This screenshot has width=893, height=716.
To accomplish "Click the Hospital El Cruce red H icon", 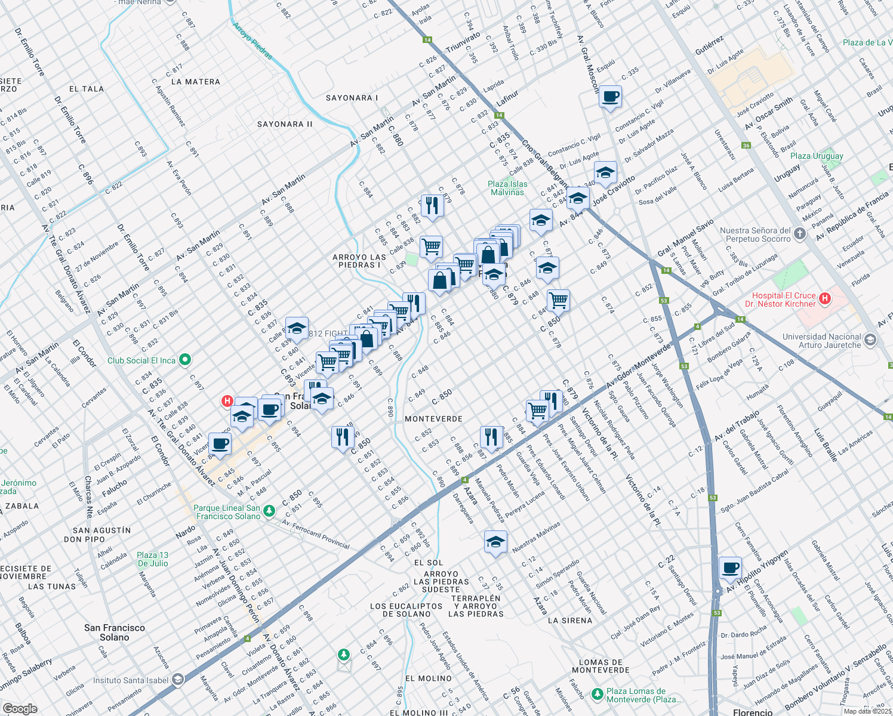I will point(825,298).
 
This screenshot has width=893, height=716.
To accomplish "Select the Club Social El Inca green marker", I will point(185,360).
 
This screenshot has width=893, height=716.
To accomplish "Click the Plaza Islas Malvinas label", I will point(507,188).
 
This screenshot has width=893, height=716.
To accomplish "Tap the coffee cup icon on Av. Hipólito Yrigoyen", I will point(730,567).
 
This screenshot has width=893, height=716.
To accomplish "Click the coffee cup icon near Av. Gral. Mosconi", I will point(610,96).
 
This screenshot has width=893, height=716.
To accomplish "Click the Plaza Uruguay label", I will point(817,156).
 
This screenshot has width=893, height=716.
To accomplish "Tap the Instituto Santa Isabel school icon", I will point(178,680).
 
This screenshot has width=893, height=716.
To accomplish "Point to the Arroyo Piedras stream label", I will point(252,41).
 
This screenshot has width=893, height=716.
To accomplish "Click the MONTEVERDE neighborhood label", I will point(433,419).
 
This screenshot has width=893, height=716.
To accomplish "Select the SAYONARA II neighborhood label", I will point(285,124).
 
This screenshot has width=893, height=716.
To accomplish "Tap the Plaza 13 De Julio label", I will point(153,559).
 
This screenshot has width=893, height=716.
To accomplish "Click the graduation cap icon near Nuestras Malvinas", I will point(495,542).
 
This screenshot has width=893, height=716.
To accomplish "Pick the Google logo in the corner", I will point(20,708).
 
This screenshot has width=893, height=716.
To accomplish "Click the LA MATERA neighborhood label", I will point(195,82).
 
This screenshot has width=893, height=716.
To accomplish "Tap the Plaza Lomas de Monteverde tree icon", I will point(597,695).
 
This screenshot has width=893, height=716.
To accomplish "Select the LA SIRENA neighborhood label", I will point(570,621).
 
